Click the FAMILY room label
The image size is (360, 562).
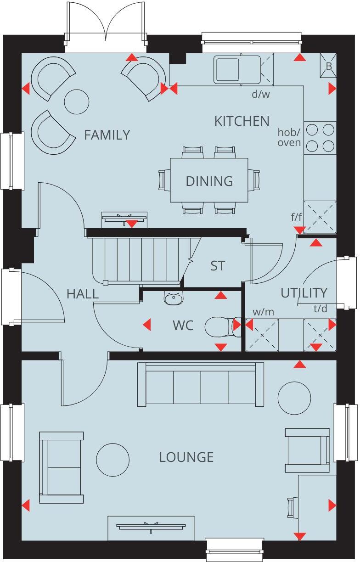pos(107,135)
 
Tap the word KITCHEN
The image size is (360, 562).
pos(242,121)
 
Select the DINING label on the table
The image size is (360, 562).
pos(209,181)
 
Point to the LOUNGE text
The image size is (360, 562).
pos(186,457)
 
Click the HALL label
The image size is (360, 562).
pos(83,294)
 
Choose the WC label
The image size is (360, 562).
pos(183,326)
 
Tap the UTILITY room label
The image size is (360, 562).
pos(304,293)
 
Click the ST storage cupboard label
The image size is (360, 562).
pos(218,266)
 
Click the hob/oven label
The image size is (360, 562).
pos(289,137)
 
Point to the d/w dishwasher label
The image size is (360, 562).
pos(261,95)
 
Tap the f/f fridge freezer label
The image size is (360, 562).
pos(297,217)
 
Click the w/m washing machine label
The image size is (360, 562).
pos(263,312)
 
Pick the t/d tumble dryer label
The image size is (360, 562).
pos(321,309)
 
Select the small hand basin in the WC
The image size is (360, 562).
pos(173,298)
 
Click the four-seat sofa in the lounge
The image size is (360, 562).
pos(201,385)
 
